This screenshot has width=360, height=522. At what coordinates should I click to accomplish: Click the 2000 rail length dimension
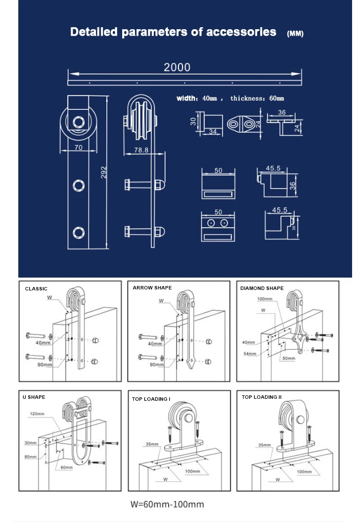coord(177,67)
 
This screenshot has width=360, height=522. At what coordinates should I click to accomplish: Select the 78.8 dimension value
coord(142,150)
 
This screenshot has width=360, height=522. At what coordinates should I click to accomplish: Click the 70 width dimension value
coord(78,147)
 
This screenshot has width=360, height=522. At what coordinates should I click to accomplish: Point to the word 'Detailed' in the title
coord(94,32)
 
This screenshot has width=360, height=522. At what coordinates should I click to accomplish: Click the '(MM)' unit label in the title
coord(295,34)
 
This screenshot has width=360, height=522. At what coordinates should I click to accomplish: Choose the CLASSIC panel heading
coord(36,288)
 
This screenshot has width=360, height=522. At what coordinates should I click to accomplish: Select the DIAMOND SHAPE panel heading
coord(262,288)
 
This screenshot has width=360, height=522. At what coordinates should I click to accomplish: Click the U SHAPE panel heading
coord(35,397)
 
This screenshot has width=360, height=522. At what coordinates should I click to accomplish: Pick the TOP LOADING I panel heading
coord(151,399)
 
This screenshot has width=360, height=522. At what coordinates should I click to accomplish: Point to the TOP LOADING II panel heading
coord(262,397)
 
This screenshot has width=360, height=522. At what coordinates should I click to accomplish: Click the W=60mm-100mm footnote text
coord(167,505)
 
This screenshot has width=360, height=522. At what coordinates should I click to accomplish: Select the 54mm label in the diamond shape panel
coord(249,354)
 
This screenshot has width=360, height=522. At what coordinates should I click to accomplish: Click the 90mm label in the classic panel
coord(44,365)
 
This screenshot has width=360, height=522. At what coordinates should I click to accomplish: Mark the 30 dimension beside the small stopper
coord(193,121)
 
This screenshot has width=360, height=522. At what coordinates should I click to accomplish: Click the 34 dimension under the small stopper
coord(213,132)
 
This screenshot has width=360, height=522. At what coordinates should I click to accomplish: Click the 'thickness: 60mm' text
coord(257,98)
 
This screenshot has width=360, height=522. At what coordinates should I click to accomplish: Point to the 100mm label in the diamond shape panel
coord(265,299)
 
